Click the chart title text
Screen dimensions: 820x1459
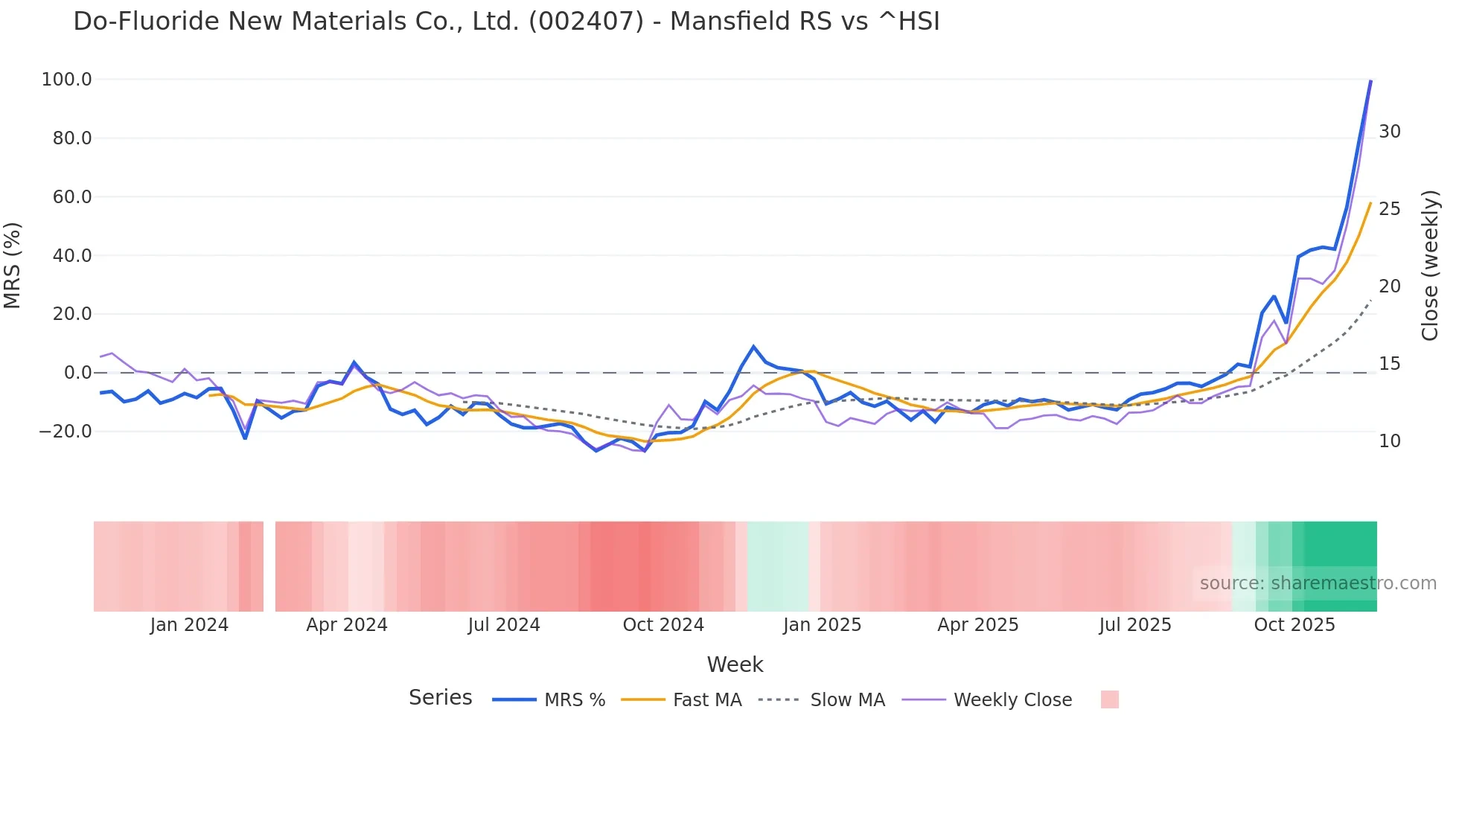[x=506, y=22]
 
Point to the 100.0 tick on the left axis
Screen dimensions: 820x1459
[x=67, y=80]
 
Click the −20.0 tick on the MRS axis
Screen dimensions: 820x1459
[x=65, y=432]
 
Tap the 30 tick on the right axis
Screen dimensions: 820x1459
[x=1389, y=132]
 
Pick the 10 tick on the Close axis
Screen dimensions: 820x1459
[x=1389, y=441]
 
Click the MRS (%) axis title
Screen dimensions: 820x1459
[x=13, y=266]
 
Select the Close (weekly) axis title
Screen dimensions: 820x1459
[x=1429, y=266]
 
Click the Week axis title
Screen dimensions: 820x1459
[x=735, y=664]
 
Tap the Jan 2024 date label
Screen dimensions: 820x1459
[x=189, y=625]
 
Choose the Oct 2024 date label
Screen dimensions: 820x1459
[x=663, y=625]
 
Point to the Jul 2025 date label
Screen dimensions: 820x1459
[x=1135, y=625]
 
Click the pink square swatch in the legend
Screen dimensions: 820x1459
[x=1109, y=699]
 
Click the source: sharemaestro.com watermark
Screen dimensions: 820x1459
[x=1318, y=583]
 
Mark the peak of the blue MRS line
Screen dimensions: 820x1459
[x=1370, y=81]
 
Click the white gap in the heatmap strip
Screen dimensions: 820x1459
[x=269, y=566]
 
